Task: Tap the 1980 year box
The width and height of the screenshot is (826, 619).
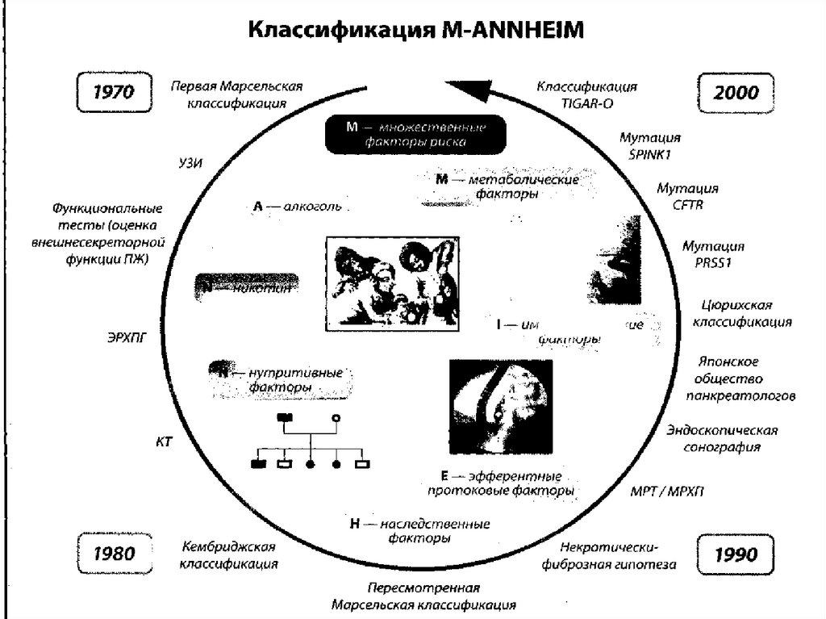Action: (x=114, y=554)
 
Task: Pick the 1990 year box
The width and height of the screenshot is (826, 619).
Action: (x=735, y=554)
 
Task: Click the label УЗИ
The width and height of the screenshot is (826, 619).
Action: (x=190, y=163)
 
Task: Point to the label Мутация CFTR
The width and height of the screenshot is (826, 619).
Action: (x=687, y=196)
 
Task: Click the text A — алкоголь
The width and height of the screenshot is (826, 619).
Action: (x=297, y=207)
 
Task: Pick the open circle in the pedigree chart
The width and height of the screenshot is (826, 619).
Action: (x=336, y=417)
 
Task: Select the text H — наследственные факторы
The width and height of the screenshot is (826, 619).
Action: (x=419, y=530)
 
